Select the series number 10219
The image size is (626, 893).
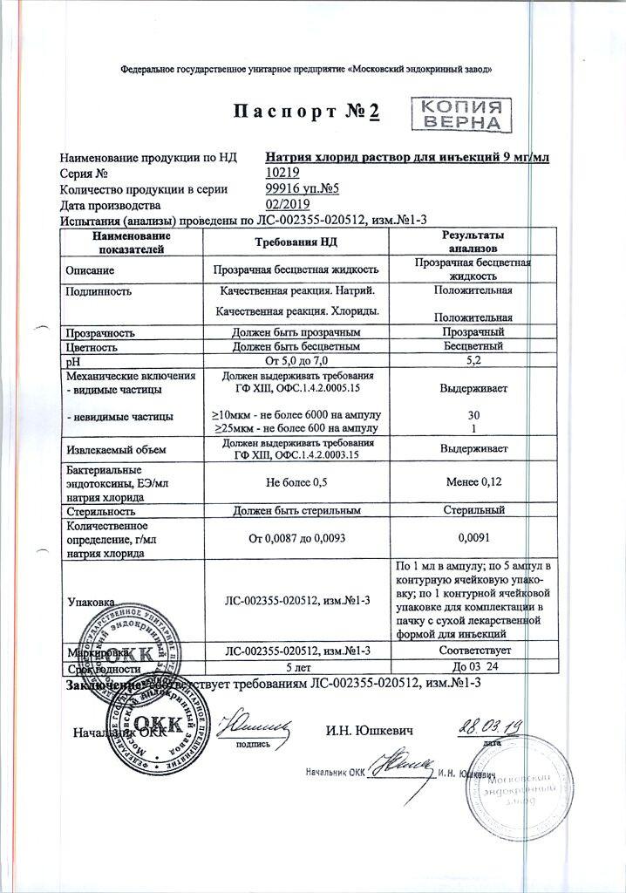click(x=282, y=174)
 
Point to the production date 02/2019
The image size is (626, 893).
click(x=288, y=204)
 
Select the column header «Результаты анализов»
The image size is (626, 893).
click(x=474, y=242)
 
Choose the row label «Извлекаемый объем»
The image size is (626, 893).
click(x=111, y=450)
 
